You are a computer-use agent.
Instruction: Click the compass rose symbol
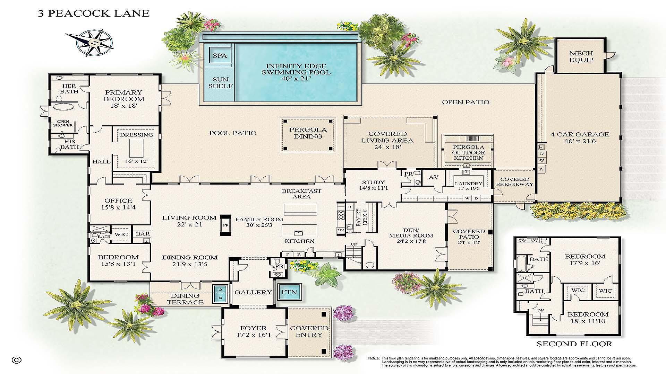click(x=93, y=42)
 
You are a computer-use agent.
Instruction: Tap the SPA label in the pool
click(x=220, y=55)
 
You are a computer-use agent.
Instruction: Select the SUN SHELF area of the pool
click(x=220, y=82)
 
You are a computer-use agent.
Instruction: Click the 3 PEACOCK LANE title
click(x=93, y=14)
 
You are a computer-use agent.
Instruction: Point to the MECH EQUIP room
click(x=581, y=56)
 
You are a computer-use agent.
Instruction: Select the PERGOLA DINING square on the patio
click(x=308, y=133)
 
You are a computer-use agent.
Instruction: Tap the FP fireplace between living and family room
click(x=225, y=225)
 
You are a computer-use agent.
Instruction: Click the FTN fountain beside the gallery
click(x=289, y=292)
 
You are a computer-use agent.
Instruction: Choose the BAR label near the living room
click(x=143, y=234)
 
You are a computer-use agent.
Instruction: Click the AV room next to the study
click(x=434, y=177)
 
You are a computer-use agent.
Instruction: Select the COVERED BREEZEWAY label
click(x=514, y=182)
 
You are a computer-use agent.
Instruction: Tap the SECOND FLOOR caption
click(x=574, y=344)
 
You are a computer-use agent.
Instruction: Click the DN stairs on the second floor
click(x=540, y=315)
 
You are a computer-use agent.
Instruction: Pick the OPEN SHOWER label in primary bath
click(x=63, y=123)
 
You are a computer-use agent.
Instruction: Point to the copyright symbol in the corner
click(x=16, y=360)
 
